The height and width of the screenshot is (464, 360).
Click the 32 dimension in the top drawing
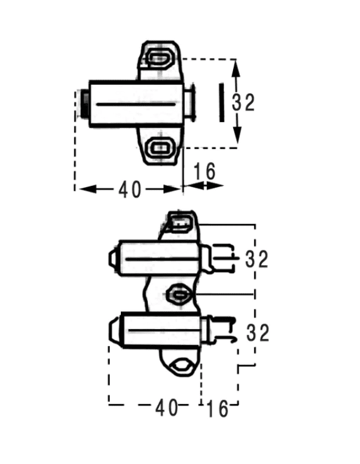[243, 102]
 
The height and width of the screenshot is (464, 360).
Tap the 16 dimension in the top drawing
[204, 171]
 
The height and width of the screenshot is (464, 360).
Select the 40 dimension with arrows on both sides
[130, 190]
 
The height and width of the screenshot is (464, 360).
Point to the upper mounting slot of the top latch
[159, 58]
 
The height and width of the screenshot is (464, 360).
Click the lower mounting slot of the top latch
[160, 147]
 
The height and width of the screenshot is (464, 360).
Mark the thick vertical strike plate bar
[221, 102]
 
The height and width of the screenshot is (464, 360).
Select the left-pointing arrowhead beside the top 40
[88, 189]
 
